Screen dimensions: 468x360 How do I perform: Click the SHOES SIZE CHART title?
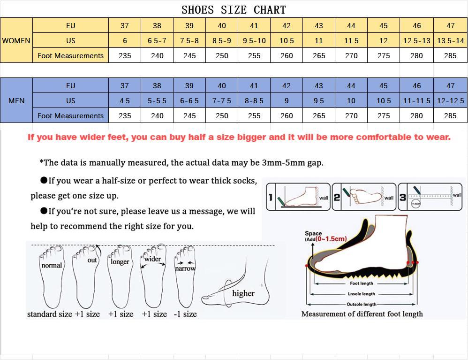pos(234,9)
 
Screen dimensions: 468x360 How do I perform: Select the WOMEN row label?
pos(16,41)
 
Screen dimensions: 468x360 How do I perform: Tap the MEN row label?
pos(16,101)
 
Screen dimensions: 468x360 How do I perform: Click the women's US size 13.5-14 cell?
pos(450,41)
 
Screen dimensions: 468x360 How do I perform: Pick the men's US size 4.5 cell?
pos(125,101)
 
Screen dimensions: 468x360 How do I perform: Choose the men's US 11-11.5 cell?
pos(416,101)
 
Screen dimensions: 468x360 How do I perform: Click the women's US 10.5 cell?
pos(287,41)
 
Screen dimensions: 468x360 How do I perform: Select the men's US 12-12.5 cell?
pos(450,101)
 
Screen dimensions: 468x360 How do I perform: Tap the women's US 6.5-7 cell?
pos(157,41)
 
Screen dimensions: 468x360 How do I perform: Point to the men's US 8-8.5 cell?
pos(254,101)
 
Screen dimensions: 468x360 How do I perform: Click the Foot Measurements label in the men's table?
pos(70,116)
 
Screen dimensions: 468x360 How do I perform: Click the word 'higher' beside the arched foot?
pos(243,293)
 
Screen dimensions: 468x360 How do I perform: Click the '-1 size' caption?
pos(185,314)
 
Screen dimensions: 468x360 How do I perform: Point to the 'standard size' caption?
pos(50,314)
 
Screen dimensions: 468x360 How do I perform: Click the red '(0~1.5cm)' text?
pos(331,239)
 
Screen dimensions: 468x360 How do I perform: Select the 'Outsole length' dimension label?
pos(362,304)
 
